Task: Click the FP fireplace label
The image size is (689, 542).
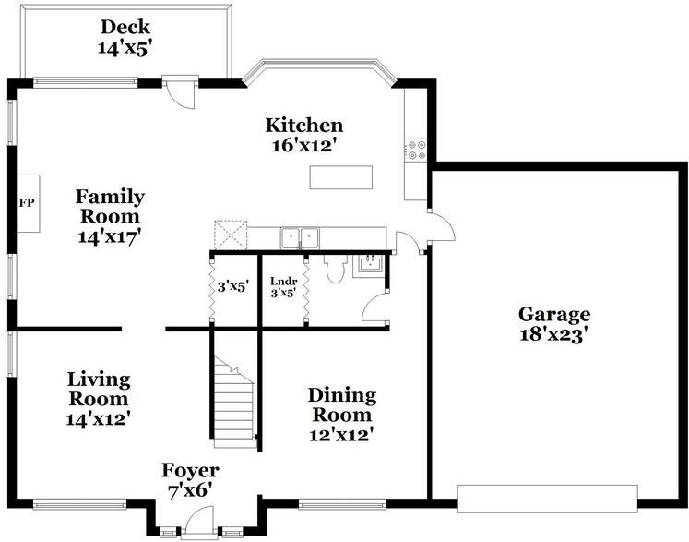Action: pyautogui.click(x=27, y=203)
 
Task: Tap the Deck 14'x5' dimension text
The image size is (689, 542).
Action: pyautogui.click(x=125, y=48)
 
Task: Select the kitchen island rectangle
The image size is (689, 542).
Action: pyautogui.click(x=341, y=177)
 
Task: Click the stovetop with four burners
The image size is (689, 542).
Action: pyautogui.click(x=416, y=150)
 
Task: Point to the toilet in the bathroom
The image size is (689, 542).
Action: pyautogui.click(x=336, y=269)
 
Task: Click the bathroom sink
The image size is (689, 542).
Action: pyautogui.click(x=370, y=265)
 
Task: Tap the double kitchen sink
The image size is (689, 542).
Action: pyautogui.click(x=300, y=238)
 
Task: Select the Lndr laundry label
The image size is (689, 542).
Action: pyautogui.click(x=283, y=282)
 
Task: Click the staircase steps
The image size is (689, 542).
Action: pyautogui.click(x=234, y=403)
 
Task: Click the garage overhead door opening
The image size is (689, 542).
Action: pyautogui.click(x=548, y=499)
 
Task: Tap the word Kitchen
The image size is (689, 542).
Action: pyautogui.click(x=304, y=126)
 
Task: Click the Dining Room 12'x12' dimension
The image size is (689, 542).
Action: pyautogui.click(x=341, y=435)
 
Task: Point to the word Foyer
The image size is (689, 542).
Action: pyautogui.click(x=190, y=471)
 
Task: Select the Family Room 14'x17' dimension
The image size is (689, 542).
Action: pyautogui.click(x=110, y=236)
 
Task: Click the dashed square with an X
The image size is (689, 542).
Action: pyautogui.click(x=231, y=235)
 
